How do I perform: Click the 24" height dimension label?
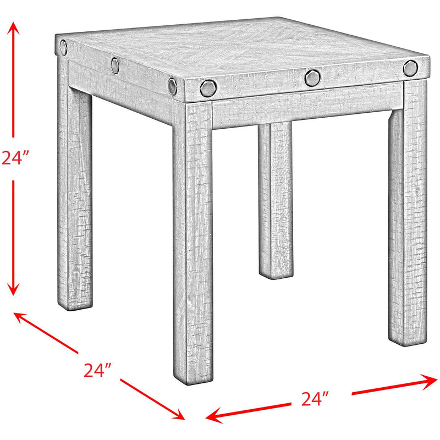[x=14, y=158]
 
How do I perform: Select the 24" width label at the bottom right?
[x=316, y=397]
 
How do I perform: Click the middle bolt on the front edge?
[x=312, y=78]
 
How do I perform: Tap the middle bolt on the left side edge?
[x=116, y=65]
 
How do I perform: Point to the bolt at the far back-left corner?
[x=64, y=46]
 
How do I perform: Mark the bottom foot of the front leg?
[x=193, y=374]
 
